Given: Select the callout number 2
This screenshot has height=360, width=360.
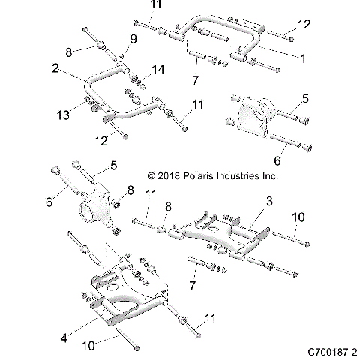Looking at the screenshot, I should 56,67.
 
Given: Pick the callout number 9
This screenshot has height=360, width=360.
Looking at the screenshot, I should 133,38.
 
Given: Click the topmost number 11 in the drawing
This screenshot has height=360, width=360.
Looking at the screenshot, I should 154,6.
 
